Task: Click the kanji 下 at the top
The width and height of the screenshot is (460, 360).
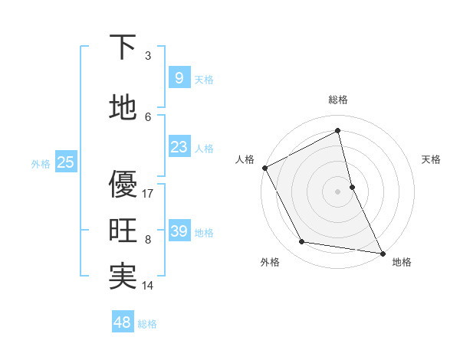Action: pos(123,47)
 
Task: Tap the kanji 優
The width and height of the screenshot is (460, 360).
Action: pos(123,183)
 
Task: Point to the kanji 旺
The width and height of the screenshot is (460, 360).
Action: pos(123,231)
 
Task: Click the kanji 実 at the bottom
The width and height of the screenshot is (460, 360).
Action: pos(123,277)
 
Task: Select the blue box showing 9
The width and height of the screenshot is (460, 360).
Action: pos(179,78)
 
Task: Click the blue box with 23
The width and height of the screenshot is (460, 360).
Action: pos(179,147)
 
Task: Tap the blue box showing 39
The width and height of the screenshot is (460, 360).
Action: pos(179,231)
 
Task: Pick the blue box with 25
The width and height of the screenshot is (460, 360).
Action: pos(65,162)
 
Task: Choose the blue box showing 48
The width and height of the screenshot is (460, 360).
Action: pos(122,322)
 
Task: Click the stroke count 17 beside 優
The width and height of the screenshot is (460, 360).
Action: pos(148,194)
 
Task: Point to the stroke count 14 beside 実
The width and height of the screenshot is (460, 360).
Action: pos(148,286)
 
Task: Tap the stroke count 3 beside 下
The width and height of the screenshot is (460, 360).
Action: pos(148,56)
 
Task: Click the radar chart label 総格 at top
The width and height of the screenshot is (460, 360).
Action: pos(337,100)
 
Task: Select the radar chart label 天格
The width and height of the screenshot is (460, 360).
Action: pos(431,159)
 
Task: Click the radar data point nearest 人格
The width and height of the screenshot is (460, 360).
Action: pos(264,168)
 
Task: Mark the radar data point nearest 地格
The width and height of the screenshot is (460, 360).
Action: pos(382,253)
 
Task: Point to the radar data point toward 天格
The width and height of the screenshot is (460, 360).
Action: pos(352,186)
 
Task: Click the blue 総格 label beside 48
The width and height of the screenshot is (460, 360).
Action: pos(147,324)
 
